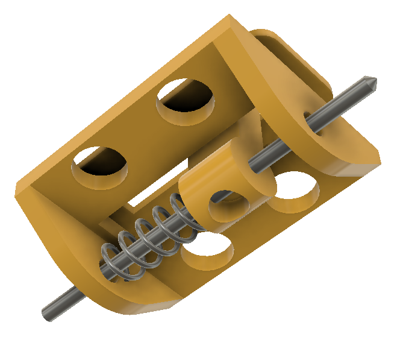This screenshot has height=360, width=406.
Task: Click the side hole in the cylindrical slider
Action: click(228, 205)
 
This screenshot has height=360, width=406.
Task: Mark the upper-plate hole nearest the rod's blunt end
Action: click(101, 163)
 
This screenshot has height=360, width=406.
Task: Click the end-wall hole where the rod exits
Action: click(308, 118)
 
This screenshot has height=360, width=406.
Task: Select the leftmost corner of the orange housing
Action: click(17, 192)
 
